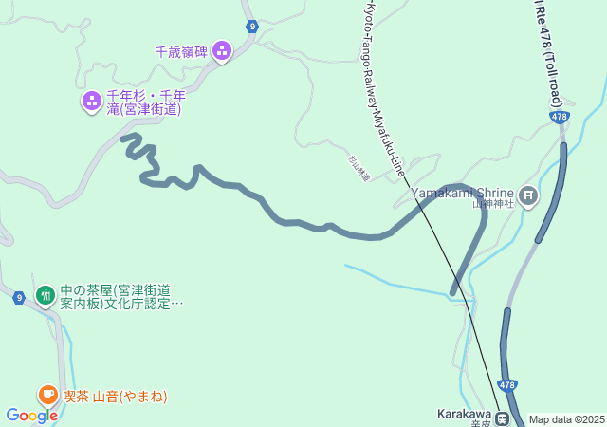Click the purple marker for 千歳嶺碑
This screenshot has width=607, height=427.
pos(222,49)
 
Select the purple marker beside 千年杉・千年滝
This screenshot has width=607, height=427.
pos(92,100)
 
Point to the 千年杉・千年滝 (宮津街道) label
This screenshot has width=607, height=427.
pos(145,102)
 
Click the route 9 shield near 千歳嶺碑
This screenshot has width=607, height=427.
pos(250,27)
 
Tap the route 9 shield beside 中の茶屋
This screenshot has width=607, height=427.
pos(19,297)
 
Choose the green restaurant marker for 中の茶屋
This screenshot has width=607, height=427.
pos(45,296)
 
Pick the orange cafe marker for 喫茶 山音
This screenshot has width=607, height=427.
pos(47,395)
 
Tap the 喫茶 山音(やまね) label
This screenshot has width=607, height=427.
pos(116,396)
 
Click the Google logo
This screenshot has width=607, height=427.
pos(31,415)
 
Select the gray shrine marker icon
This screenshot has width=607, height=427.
pos(528,196)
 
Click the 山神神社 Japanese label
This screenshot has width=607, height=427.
pos(494,204)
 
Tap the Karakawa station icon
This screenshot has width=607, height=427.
pos(501,416)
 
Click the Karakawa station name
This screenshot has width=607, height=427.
pos(463,414)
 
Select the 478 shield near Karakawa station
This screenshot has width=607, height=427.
pos(507,385)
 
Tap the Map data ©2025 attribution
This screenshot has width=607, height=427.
pos(566,419)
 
